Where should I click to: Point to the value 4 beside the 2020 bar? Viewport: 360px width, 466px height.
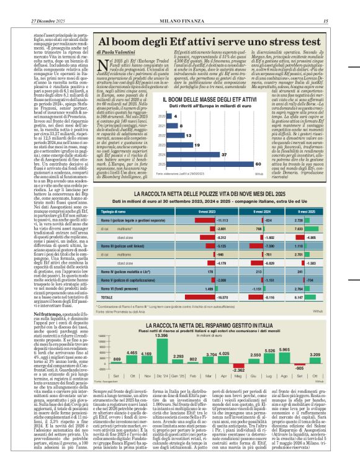(175, 116)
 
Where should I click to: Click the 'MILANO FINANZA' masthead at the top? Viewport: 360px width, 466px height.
(179, 6)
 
